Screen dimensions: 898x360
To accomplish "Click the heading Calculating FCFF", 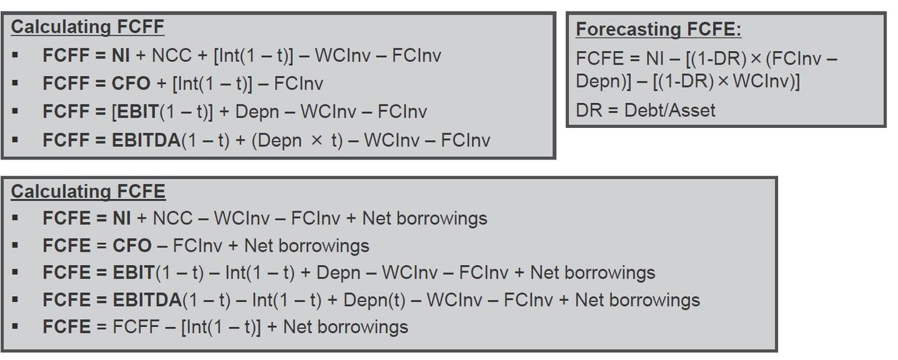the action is click(88, 27).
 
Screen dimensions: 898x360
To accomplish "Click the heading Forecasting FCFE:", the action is click(658, 30).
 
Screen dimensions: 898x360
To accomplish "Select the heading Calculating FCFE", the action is click(88, 191).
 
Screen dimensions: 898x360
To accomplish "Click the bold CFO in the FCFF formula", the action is click(132, 83).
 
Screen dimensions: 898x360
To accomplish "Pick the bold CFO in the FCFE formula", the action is click(132, 245).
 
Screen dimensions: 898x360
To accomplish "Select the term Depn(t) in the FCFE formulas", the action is click(374, 299).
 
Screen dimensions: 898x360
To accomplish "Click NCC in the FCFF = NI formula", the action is click(172, 55).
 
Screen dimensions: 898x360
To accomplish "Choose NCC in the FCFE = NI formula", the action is click(172, 218).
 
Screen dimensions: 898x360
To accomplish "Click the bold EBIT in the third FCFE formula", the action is click(135, 273).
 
